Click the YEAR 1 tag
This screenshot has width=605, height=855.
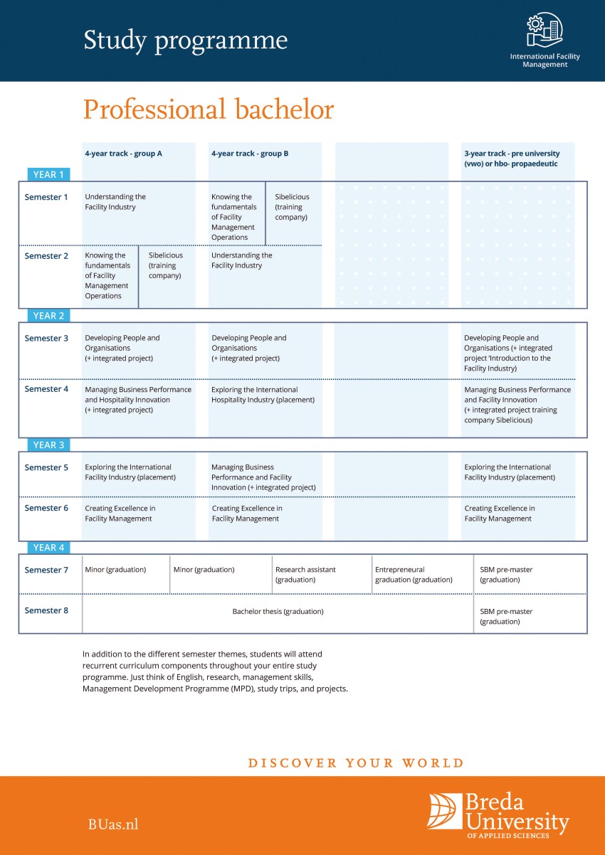coord(48,174)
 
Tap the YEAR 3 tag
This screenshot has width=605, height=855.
coord(48,445)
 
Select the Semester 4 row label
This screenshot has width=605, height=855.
coord(46,389)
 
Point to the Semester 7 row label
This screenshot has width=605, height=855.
coord(46,570)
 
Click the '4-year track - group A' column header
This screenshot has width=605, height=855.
coord(123,154)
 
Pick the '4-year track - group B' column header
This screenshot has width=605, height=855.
coord(250,154)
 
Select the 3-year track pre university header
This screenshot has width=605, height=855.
coord(512,159)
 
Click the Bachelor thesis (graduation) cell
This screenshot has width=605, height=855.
coord(278,612)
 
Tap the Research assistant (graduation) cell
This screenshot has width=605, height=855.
coord(305,575)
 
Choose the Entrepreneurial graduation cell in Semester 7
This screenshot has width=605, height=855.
coord(414,575)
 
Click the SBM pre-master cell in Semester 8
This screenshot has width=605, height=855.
coord(505,617)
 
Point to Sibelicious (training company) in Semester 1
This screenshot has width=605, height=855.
coord(292,207)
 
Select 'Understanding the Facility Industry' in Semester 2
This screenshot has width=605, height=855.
coord(242,260)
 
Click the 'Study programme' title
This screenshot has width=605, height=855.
coord(185,41)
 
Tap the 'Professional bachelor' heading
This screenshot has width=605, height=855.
coord(209,109)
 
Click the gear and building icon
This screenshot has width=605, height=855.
coord(544,29)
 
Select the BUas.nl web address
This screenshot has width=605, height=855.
coord(113,824)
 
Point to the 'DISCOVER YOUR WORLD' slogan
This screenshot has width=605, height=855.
coord(356,763)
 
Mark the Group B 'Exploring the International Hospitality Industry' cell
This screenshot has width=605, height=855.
coord(263,395)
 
